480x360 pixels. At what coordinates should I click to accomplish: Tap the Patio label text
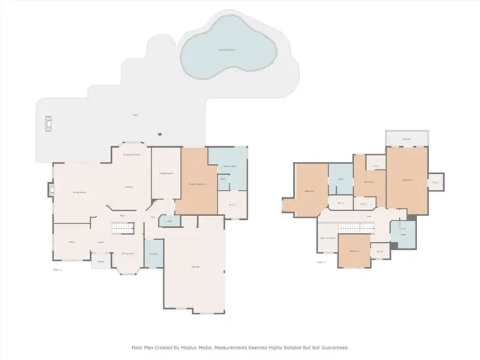[135, 115]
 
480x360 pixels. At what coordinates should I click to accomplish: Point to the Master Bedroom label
[196, 184]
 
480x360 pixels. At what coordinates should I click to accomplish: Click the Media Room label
[161, 174]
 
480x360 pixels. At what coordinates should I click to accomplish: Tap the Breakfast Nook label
[132, 154]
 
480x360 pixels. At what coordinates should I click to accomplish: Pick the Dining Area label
[127, 253]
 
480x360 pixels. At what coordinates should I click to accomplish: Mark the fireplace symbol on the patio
[48, 123]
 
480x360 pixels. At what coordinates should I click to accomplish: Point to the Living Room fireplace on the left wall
[50, 190]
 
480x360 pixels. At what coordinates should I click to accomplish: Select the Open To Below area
[328, 238]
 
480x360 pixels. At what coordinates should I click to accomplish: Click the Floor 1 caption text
[56, 268]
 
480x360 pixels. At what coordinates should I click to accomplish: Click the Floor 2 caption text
[321, 262]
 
